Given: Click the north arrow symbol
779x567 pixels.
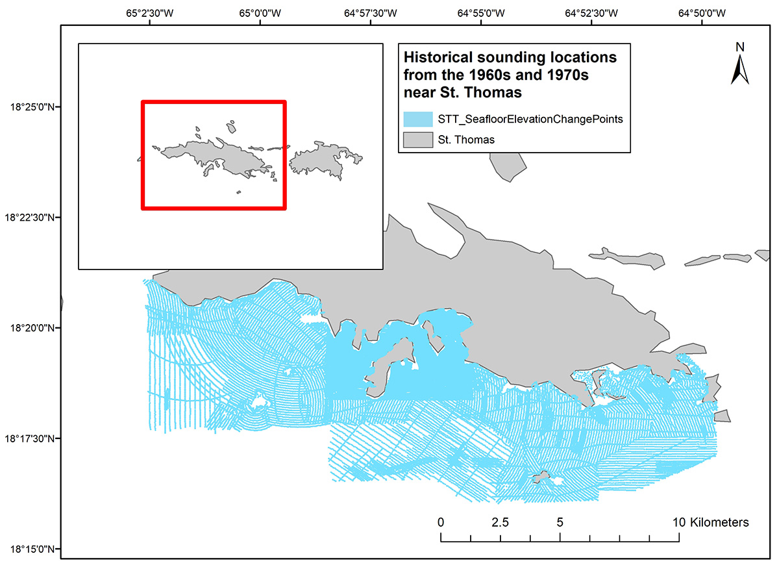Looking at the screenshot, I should click(739, 70).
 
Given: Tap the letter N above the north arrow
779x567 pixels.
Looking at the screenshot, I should click(739, 47).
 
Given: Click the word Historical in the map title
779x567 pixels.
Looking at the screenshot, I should click(437, 57).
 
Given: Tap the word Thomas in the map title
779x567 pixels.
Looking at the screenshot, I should click(495, 92).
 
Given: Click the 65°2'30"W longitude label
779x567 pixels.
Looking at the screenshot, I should click(150, 12).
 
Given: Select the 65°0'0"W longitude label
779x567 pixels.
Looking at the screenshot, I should click(260, 12).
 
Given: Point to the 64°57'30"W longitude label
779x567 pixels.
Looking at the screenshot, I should click(371, 12).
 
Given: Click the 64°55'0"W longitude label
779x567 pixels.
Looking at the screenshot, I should click(482, 12).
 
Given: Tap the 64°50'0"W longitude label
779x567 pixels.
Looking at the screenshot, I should click(702, 12).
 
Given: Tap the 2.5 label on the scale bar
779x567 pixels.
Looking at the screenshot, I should click(500, 522).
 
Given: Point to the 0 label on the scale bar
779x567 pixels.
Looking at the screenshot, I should click(441, 522).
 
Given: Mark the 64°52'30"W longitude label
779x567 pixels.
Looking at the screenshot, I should click(592, 12).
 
